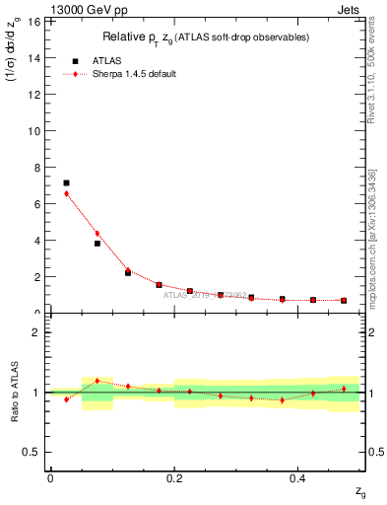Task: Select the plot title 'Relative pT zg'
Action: (x=206, y=37)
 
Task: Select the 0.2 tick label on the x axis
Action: (x=174, y=477)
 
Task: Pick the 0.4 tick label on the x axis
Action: (x=298, y=477)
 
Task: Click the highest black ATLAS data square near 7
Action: (x=66, y=182)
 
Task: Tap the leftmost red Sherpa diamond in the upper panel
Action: (x=66, y=193)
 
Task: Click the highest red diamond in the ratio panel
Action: (x=97, y=381)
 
